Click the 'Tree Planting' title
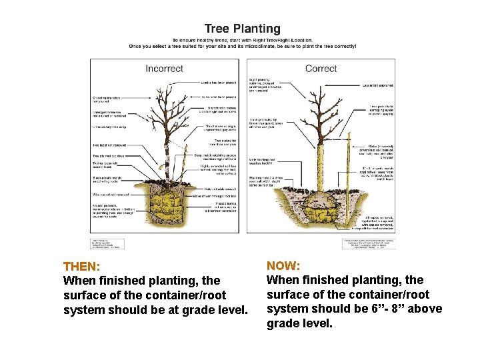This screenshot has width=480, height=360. [x=242, y=29]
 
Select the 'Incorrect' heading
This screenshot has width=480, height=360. [x=164, y=69]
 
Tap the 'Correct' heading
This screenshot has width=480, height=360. [x=321, y=69]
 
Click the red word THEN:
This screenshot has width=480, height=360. [x=81, y=266]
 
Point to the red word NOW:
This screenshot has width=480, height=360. [x=283, y=265]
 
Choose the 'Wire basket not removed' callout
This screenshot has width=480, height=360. [x=111, y=195]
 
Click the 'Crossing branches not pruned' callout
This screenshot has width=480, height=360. [x=110, y=99]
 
